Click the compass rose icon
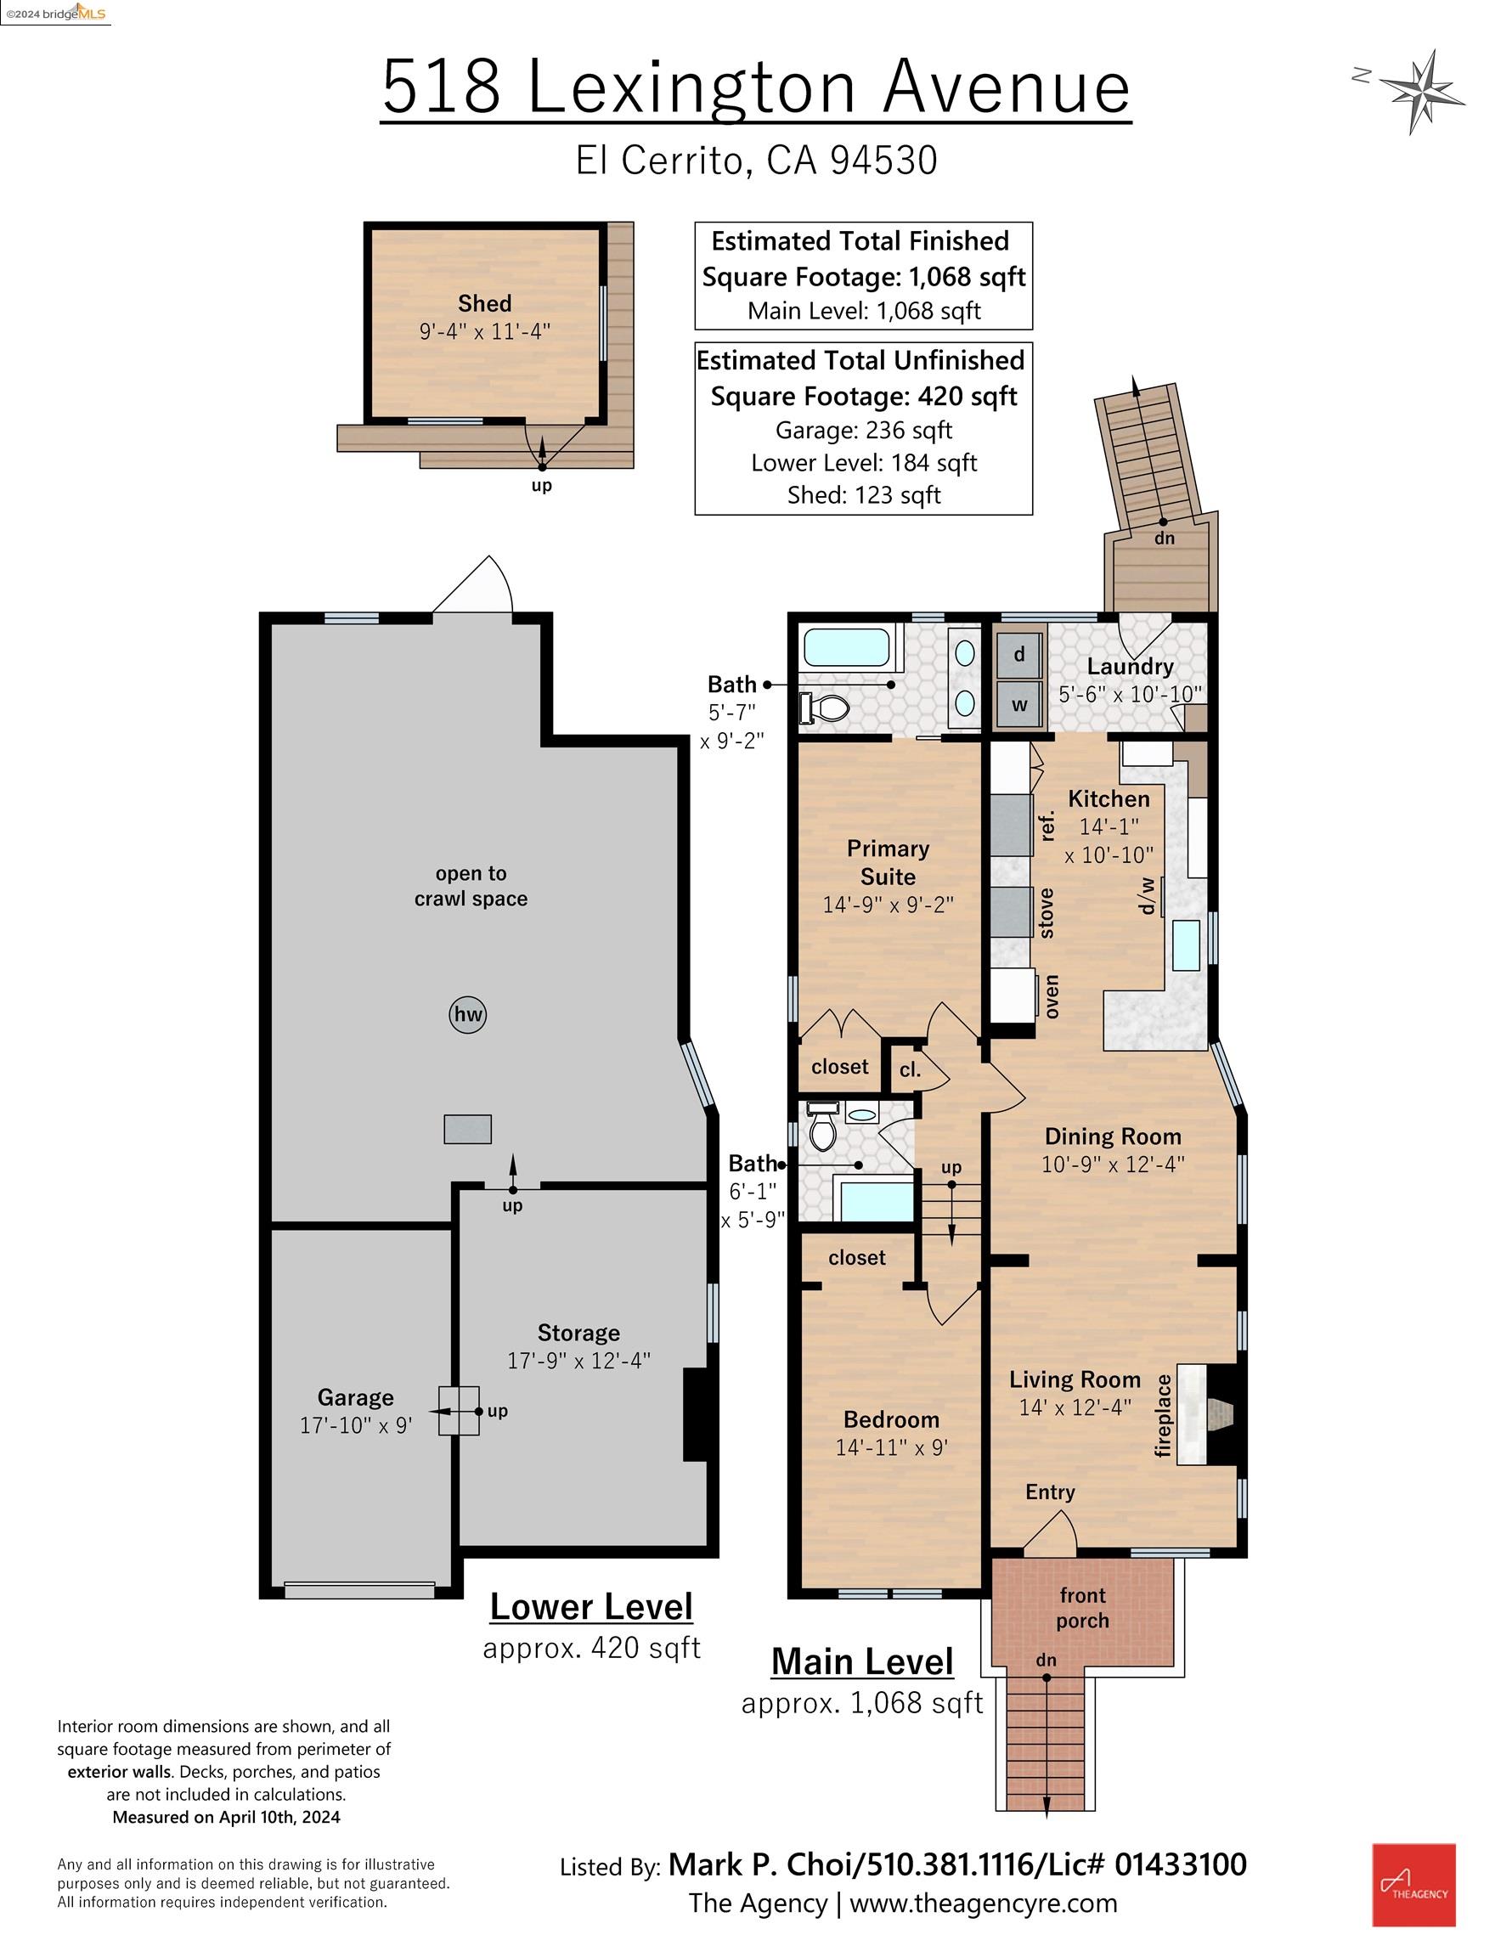1421,92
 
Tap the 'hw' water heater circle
468,1014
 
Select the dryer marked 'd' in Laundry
1019,654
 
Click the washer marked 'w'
1019,705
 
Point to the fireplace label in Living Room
1164,1415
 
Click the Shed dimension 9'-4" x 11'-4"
484,331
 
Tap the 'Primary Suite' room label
888,862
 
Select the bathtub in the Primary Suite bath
846,648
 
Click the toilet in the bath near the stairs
822,1131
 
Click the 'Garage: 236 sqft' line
863,430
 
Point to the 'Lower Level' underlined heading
591,1607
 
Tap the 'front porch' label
1082,1608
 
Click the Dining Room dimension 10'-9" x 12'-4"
1112,1164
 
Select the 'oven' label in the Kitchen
1052,996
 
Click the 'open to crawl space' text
471,885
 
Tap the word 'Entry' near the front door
1050,1492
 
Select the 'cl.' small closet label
910,1070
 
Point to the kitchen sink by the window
1187,945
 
